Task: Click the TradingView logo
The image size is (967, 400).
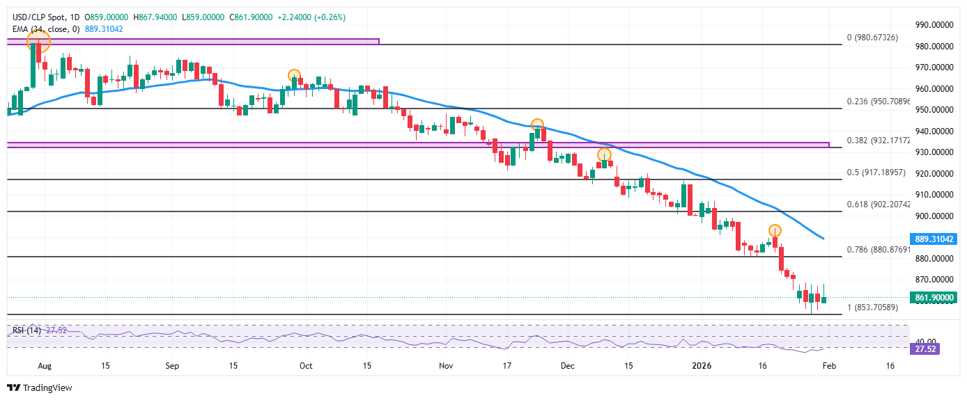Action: [x=40, y=387]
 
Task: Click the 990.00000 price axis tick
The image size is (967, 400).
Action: [x=934, y=25]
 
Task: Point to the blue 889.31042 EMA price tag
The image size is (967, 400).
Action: [x=934, y=239]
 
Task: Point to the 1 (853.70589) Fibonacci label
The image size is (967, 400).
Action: [x=873, y=307]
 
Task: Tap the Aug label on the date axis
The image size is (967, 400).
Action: [x=44, y=365]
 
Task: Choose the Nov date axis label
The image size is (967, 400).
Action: [x=447, y=365]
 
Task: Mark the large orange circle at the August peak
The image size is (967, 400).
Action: [x=38, y=42]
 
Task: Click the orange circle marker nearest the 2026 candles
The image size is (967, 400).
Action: [x=775, y=230]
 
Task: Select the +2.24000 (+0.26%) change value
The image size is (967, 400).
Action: [x=311, y=17]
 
